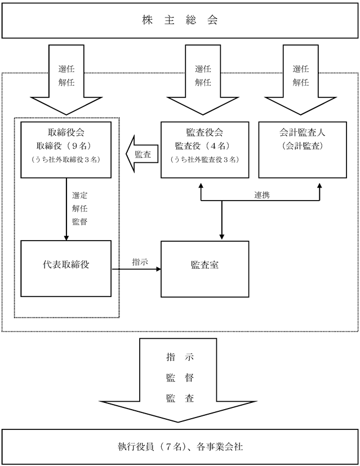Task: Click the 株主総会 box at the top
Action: pyautogui.click(x=180, y=20)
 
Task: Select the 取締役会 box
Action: pyautogui.click(x=66, y=150)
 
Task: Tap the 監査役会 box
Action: pyautogui.click(x=205, y=150)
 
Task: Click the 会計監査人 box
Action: pyautogui.click(x=303, y=150)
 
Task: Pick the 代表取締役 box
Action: pyautogui.click(x=66, y=269)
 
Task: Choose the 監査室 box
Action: pyautogui.click(x=205, y=269)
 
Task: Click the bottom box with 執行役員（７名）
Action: pyautogui.click(x=180, y=447)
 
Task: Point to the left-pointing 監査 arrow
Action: pyautogui.click(x=142, y=154)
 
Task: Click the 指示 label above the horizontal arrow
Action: pyautogui.click(x=140, y=262)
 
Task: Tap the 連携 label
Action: pyautogui.click(x=262, y=195)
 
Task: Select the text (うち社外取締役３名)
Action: pyautogui.click(x=66, y=159)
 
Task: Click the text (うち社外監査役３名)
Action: pyautogui.click(x=205, y=159)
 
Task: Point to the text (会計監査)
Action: pyautogui.click(x=303, y=146)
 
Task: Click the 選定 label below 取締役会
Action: pyautogui.click(x=79, y=196)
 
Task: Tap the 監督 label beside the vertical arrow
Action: pyautogui.click(x=79, y=221)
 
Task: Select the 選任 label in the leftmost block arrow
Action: pyautogui.click(x=66, y=69)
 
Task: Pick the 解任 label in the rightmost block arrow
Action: pyautogui.click(x=301, y=82)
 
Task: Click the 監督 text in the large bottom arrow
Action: pyautogui.click(x=180, y=378)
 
